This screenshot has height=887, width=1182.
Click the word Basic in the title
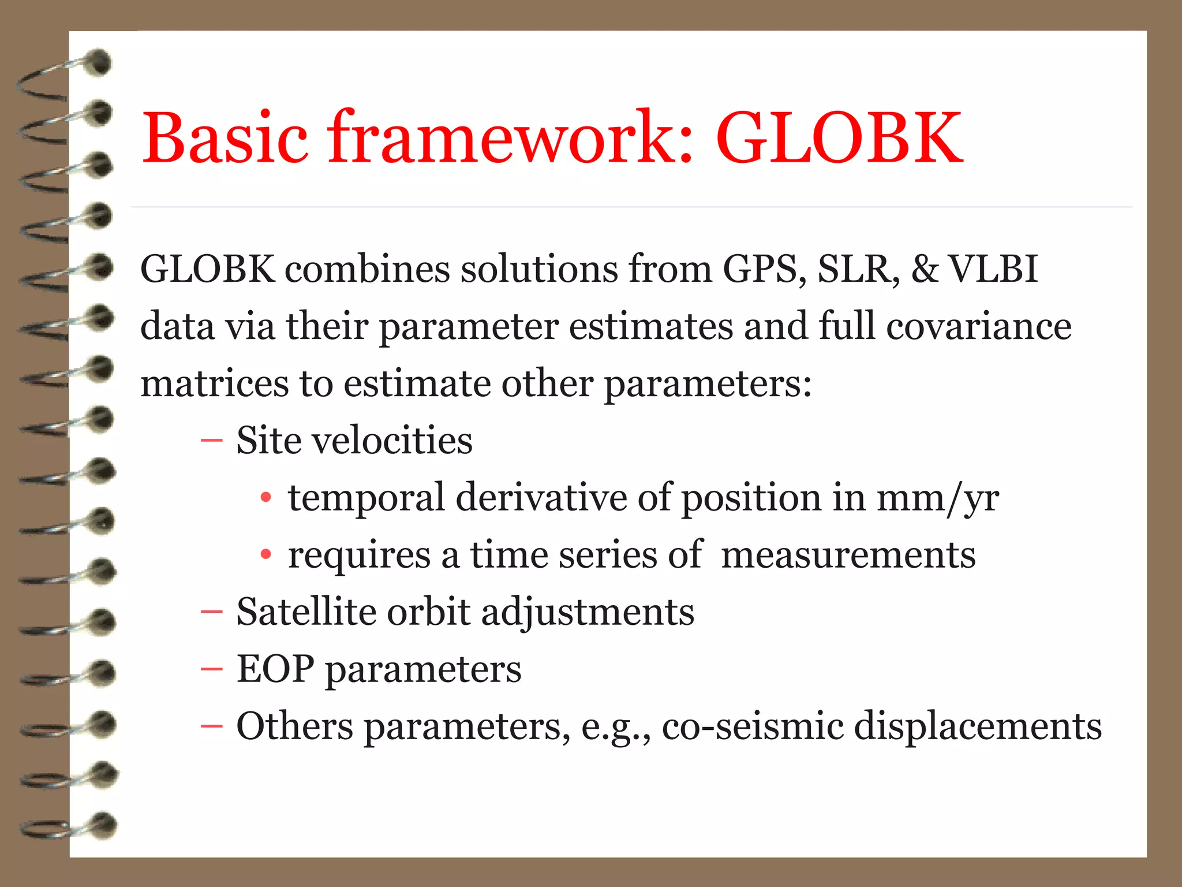(x=225, y=139)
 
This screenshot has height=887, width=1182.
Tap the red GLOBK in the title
(x=840, y=139)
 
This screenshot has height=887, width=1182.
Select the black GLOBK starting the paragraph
(x=208, y=269)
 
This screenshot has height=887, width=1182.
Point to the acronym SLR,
(x=858, y=269)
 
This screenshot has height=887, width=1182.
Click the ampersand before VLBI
(x=925, y=269)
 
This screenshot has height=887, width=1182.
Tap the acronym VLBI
(x=994, y=269)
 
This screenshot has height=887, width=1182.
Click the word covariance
(x=979, y=326)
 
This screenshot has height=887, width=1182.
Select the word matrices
(x=214, y=383)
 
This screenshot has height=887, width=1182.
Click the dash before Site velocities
(x=211, y=441)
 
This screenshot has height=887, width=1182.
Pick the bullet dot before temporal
(x=265, y=498)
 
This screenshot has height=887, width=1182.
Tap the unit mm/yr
(x=938, y=498)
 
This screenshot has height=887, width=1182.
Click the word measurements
(x=848, y=555)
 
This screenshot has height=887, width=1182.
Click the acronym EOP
(x=275, y=669)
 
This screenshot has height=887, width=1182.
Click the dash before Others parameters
(x=211, y=726)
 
